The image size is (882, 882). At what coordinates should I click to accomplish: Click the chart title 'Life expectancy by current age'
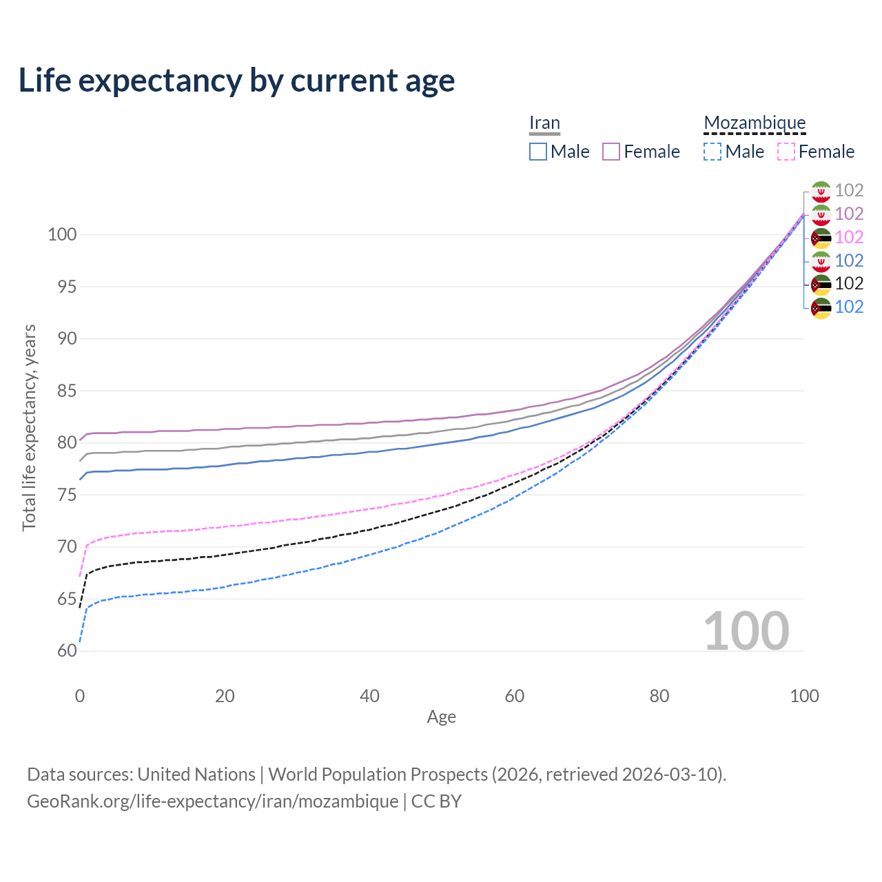coord(236,81)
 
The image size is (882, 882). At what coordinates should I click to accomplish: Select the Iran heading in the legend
coord(544,123)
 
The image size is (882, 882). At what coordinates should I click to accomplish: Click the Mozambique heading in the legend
coord(755,123)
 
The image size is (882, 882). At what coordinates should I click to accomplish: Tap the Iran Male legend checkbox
coord(538,152)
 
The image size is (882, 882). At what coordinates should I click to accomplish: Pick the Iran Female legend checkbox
coord(611,152)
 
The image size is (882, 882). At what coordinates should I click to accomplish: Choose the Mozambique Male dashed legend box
coord(712,152)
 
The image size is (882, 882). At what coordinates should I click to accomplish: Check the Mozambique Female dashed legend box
coord(786,152)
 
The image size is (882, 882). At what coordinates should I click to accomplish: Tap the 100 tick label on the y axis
coord(62,234)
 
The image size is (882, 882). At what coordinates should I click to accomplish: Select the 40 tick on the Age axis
coord(369,696)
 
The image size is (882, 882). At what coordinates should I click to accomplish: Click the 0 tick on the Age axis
coord(80,696)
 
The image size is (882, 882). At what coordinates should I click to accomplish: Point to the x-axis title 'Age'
coord(441,717)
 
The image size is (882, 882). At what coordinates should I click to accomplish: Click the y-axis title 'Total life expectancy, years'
coord(29,427)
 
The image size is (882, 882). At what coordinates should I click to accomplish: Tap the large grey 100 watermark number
coord(746,631)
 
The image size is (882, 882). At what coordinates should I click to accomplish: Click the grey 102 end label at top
coord(849,191)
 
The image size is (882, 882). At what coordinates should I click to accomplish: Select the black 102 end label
coord(849,284)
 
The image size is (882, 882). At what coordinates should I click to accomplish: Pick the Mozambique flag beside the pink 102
coord(821,238)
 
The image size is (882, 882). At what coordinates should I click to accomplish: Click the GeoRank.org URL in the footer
coord(212,801)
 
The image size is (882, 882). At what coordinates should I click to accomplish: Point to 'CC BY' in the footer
coord(436,801)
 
